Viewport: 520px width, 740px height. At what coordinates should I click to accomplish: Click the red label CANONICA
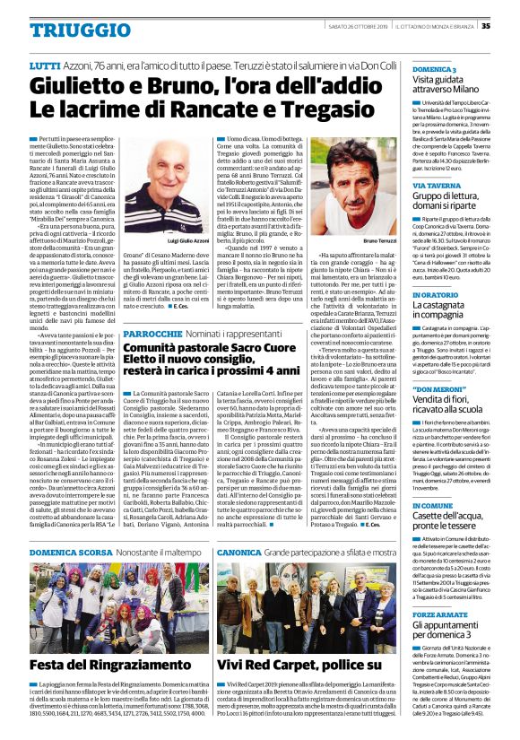click(237, 553)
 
